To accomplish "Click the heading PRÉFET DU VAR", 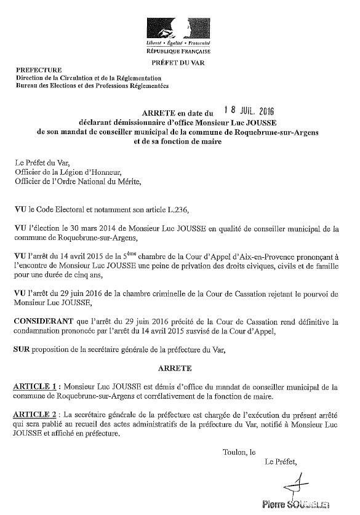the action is [x=178, y=63].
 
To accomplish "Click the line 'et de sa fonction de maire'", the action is [x=177, y=142].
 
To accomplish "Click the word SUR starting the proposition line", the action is [x=22, y=349].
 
